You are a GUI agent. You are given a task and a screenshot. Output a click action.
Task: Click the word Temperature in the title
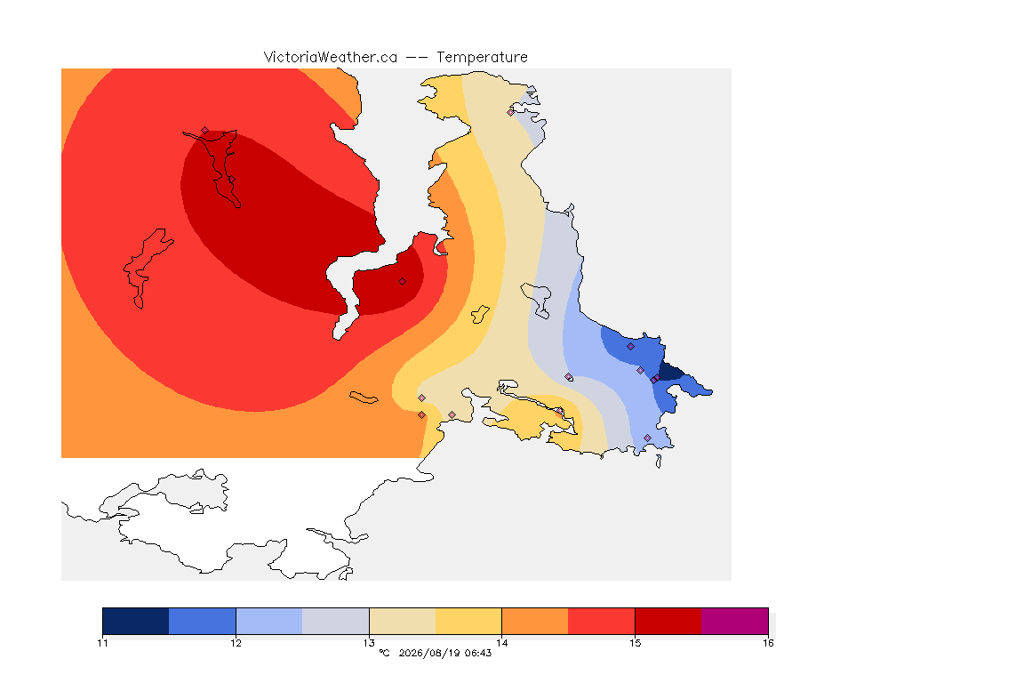coord(482,58)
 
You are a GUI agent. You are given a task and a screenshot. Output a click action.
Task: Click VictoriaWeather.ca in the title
coord(331,58)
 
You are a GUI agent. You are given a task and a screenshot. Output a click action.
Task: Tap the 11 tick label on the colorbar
coord(102,643)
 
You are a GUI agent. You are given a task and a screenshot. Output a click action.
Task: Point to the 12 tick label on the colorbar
coord(236,643)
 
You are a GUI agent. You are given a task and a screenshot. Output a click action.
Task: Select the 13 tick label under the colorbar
coord(369,643)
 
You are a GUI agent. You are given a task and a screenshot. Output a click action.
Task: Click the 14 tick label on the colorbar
coord(502,643)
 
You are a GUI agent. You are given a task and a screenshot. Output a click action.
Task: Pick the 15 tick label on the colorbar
coord(636,643)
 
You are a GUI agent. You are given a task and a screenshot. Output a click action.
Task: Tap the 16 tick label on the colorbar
coord(768,643)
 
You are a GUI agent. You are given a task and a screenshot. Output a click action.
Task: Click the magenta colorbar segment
coord(735,621)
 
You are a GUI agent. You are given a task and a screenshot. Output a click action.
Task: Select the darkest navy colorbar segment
coord(136,621)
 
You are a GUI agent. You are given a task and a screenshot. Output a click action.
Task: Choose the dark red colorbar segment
coord(668,621)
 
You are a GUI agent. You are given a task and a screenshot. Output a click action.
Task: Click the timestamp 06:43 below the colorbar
coord(478,653)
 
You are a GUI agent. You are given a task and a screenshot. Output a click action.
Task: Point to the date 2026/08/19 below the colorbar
coord(429,653)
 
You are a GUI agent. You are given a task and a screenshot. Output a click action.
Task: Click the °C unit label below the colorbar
coord(384,653)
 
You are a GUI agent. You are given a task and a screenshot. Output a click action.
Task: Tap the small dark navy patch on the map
coord(670,373)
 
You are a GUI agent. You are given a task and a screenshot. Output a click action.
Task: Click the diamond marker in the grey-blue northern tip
coord(511,112)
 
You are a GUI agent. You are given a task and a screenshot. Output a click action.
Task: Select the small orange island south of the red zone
coord(364,398)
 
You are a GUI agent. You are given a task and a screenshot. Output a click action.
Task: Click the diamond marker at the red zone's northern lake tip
coord(205,131)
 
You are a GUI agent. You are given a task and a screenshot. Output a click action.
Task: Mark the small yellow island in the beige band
coord(480,315)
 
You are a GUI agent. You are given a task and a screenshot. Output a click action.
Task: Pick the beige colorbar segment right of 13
coord(403,621)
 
